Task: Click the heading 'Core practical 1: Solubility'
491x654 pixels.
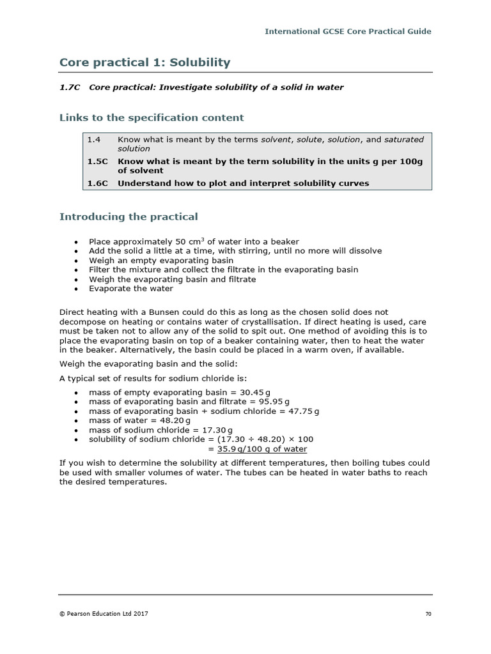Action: coord(144,62)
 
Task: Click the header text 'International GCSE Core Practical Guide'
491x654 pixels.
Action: coord(348,31)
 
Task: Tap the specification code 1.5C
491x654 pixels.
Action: coord(98,162)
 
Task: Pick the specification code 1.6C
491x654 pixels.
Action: coord(98,183)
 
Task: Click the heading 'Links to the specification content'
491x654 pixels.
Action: coord(152,118)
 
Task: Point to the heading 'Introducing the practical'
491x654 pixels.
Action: coord(129,217)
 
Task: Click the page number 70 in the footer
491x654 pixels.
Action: coord(428,614)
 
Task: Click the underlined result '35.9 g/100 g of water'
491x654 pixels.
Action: coord(262,449)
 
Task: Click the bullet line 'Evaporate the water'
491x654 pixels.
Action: coord(131,289)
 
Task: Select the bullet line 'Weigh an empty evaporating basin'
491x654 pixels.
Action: coord(161,260)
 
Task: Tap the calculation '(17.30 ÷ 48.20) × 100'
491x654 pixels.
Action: coord(265,439)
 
